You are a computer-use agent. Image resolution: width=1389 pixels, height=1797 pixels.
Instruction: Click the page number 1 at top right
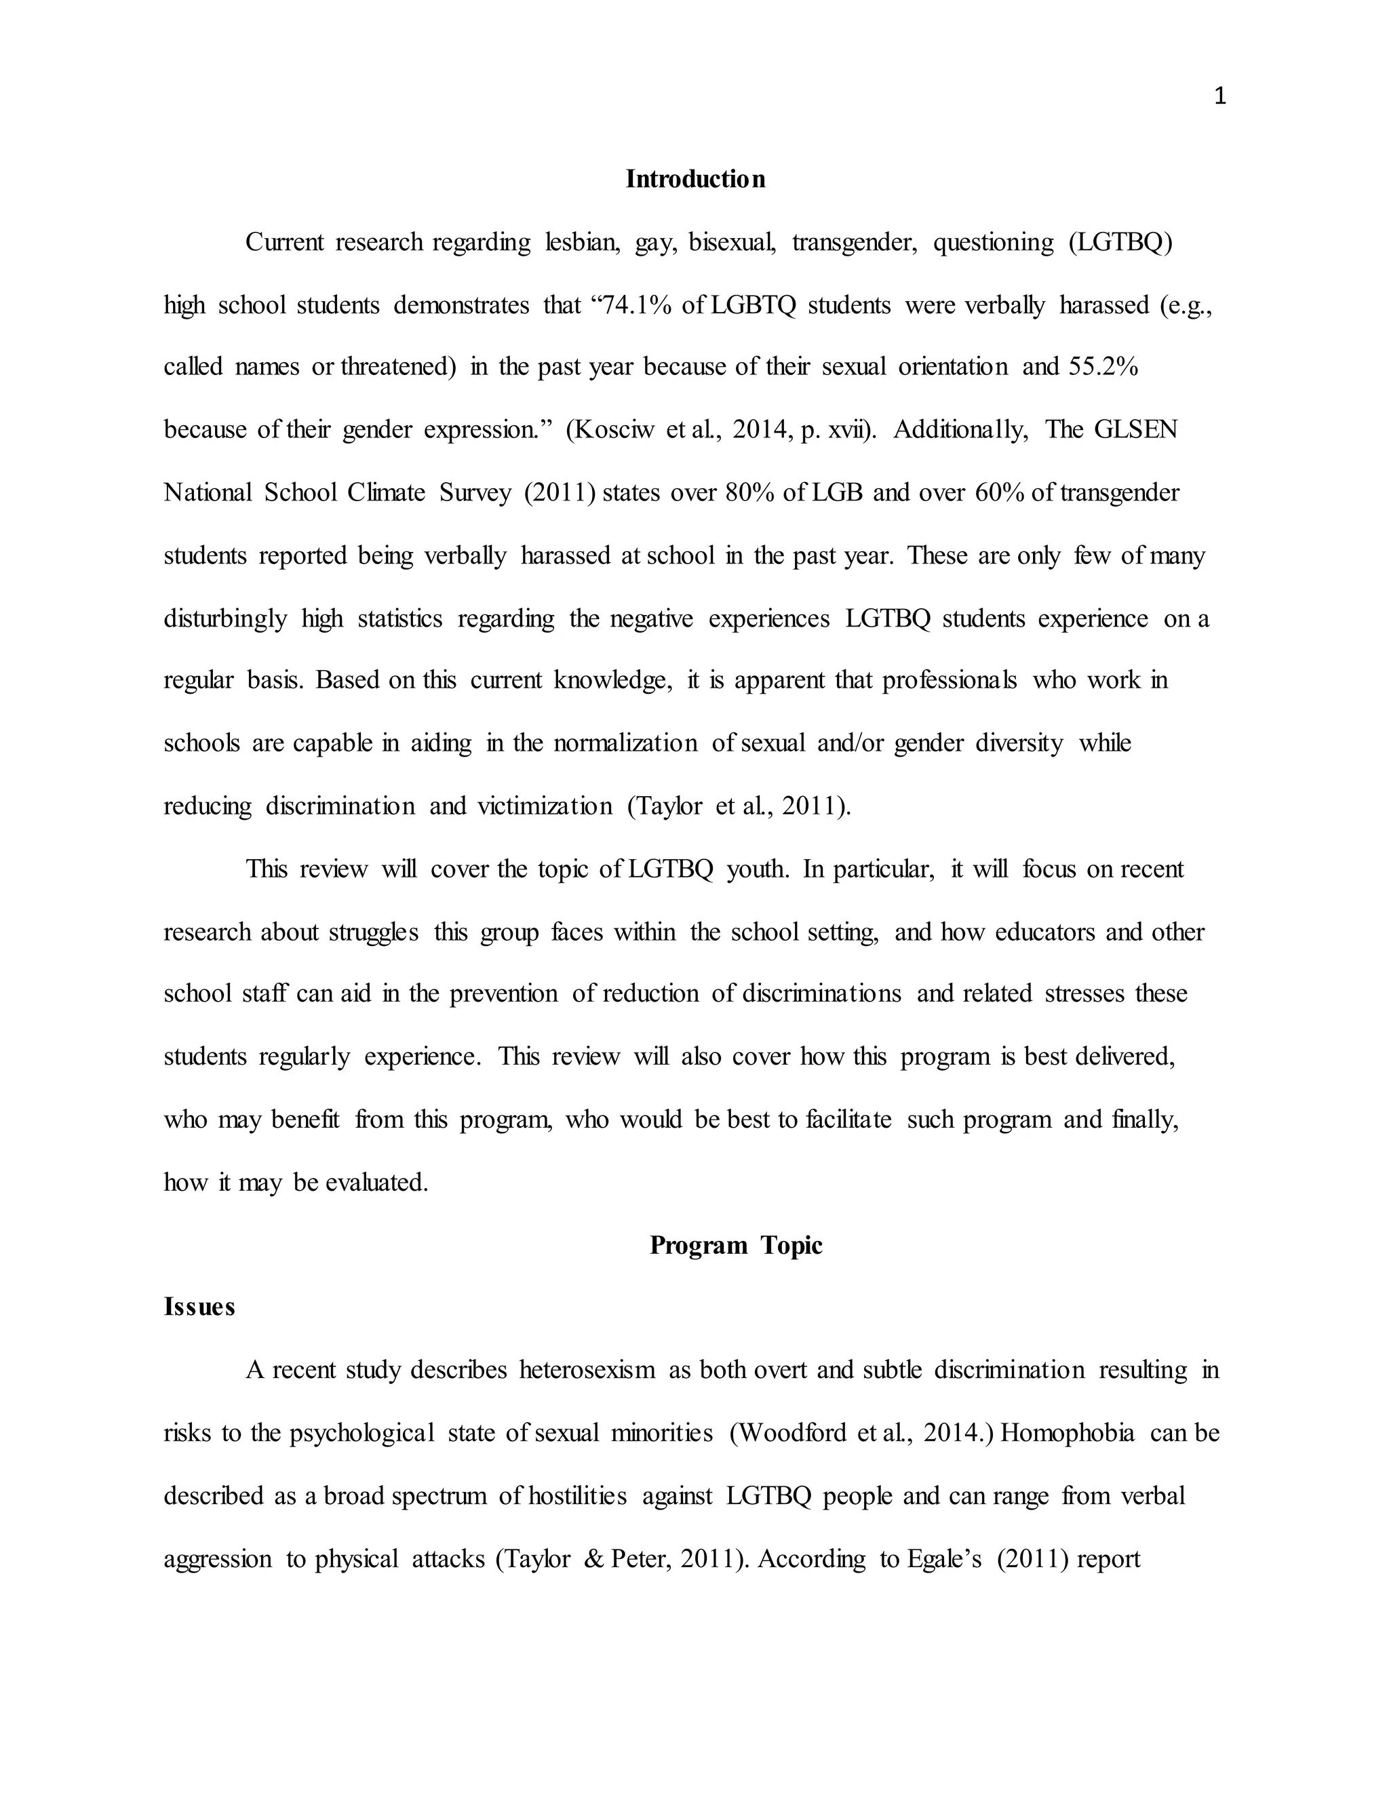tap(1219, 97)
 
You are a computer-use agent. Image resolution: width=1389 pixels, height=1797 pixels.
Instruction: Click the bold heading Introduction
tap(694, 180)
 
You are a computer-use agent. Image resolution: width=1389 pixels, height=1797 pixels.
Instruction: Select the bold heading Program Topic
tap(736, 1245)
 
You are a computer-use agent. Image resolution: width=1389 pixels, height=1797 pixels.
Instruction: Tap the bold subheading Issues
tap(199, 1307)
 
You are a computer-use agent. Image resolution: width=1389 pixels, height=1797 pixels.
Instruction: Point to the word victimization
tap(545, 806)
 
